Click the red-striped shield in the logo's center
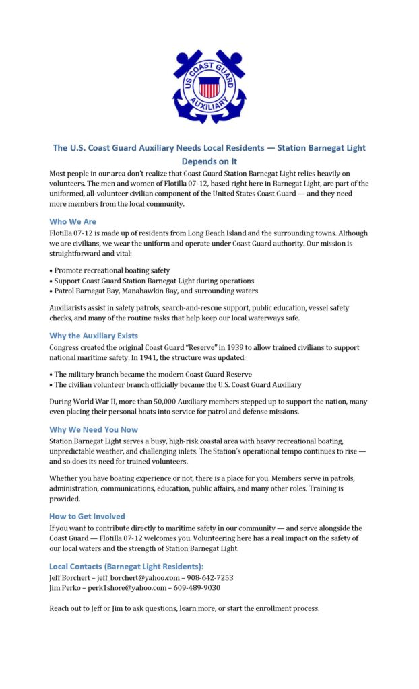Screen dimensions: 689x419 (x=209, y=87)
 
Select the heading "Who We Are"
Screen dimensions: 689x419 (x=73, y=221)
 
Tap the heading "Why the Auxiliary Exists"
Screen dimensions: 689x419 (x=94, y=335)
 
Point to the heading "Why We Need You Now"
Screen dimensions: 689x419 (x=94, y=429)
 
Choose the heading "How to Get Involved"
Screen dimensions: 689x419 (x=87, y=516)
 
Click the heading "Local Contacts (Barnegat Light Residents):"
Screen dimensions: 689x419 (x=126, y=566)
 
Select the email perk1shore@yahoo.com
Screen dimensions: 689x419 (x=129, y=587)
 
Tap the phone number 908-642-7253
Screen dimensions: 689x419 (x=211, y=577)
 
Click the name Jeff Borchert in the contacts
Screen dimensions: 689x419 (x=70, y=577)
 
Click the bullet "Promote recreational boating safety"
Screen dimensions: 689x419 (x=112, y=270)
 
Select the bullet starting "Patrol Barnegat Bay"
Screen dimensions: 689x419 (x=156, y=291)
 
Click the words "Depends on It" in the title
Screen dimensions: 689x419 (x=209, y=161)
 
